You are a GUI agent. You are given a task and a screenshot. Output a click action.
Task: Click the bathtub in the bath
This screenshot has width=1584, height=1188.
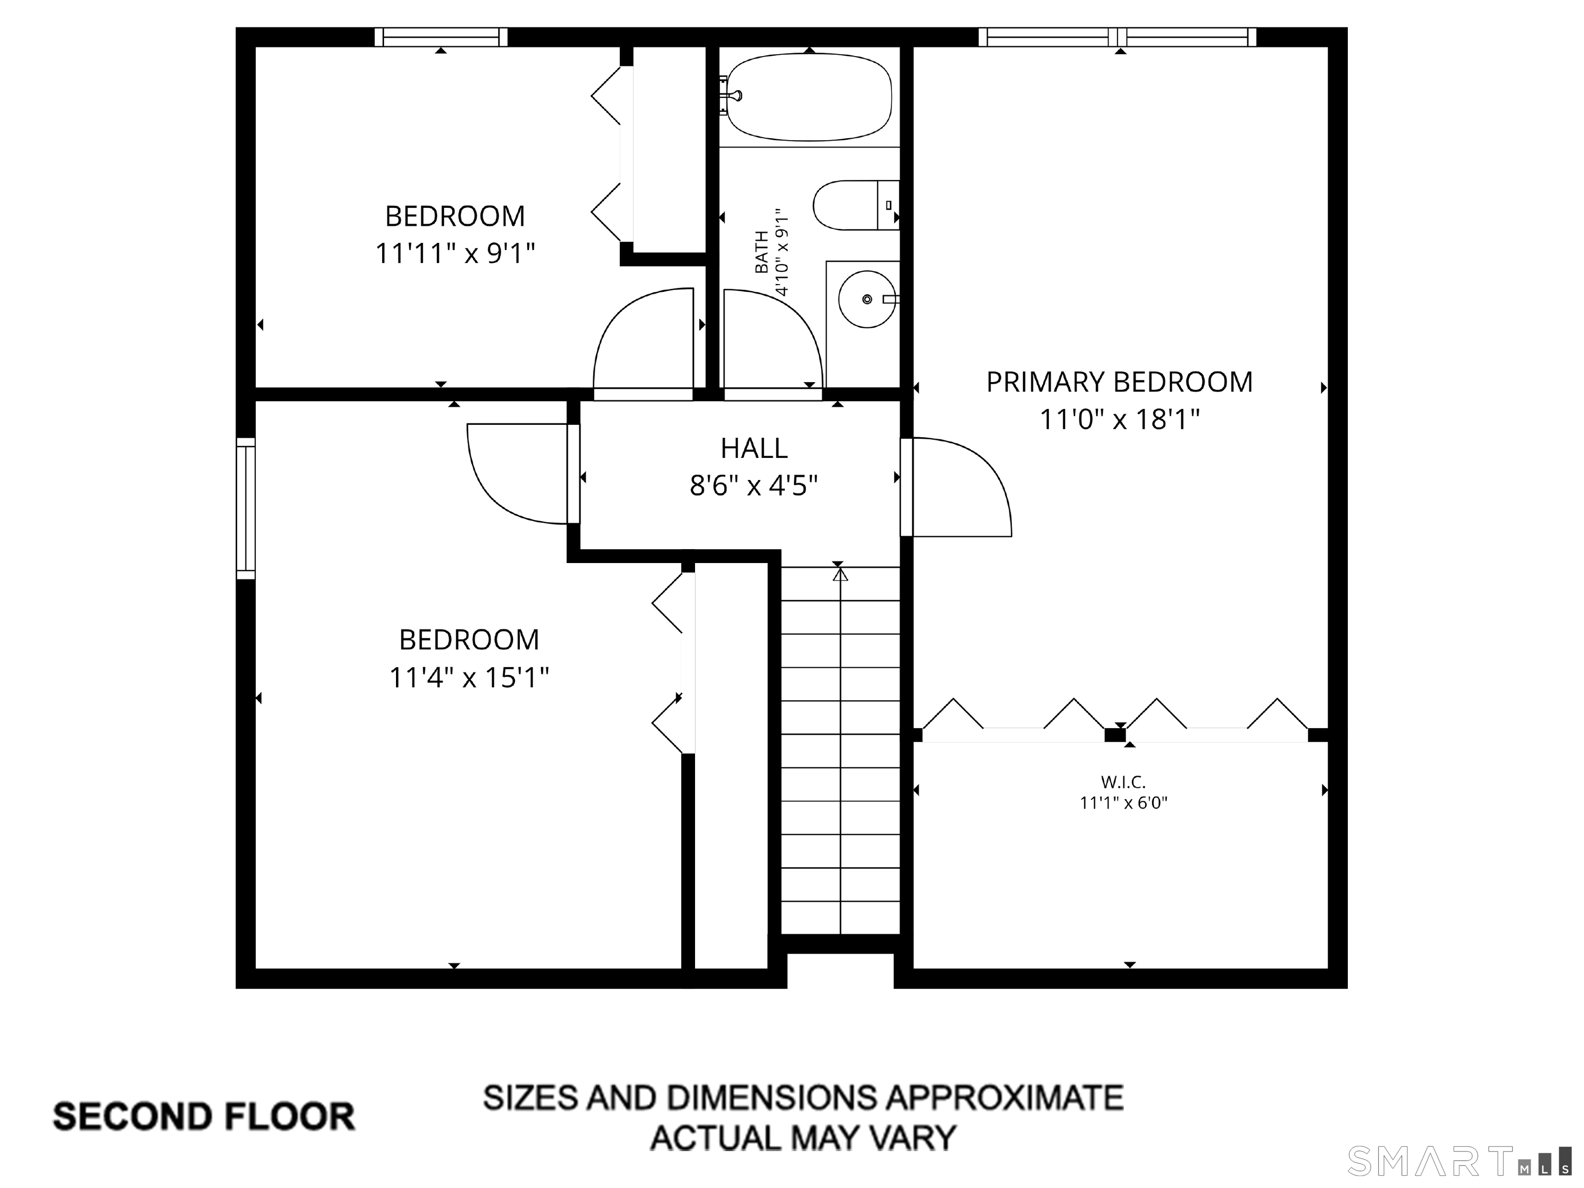(x=809, y=97)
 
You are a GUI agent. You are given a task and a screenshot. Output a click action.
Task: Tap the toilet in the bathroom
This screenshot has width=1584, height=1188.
(x=856, y=205)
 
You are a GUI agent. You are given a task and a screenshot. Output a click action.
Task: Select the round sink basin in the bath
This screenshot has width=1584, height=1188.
(x=867, y=299)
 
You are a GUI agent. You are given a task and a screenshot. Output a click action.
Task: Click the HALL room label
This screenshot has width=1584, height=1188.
(x=754, y=448)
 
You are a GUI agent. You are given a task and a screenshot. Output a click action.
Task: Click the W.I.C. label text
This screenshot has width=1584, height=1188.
(x=1123, y=782)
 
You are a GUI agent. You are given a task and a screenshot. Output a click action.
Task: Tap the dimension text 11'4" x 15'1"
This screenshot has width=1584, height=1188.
(x=469, y=676)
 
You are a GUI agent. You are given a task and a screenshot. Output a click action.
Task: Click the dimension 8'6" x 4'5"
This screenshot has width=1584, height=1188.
(x=754, y=486)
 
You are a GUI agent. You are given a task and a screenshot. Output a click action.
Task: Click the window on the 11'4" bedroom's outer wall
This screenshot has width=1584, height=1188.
(x=245, y=508)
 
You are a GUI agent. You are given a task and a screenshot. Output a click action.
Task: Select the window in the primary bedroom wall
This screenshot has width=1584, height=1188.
(x=1118, y=37)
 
